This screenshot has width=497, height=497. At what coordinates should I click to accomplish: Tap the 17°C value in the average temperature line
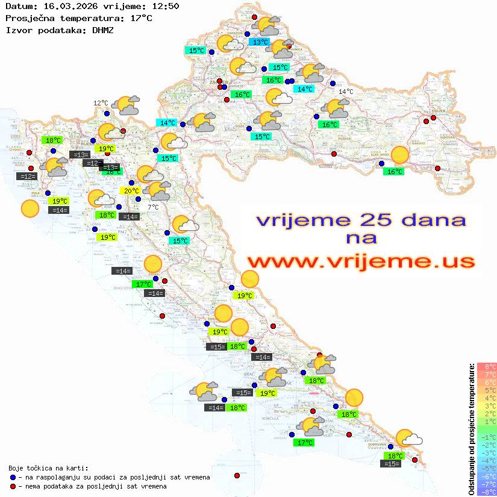tap(141, 18)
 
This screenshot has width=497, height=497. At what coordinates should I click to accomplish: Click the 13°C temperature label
tap(260, 42)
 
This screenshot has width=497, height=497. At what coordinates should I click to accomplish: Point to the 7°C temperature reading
tap(154, 207)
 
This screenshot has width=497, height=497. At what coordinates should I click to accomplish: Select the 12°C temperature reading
tap(101, 103)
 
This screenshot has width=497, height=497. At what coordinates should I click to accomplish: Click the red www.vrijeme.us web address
tap(361, 261)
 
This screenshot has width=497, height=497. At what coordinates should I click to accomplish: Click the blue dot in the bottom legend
tap(13, 477)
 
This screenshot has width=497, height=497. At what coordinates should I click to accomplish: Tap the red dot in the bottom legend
tap(13, 486)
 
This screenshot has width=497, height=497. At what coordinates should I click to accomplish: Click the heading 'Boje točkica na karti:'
tap(48, 468)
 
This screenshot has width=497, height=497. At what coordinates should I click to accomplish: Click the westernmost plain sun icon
tap(30, 209)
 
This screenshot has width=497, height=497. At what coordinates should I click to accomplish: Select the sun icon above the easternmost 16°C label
tap(399, 155)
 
